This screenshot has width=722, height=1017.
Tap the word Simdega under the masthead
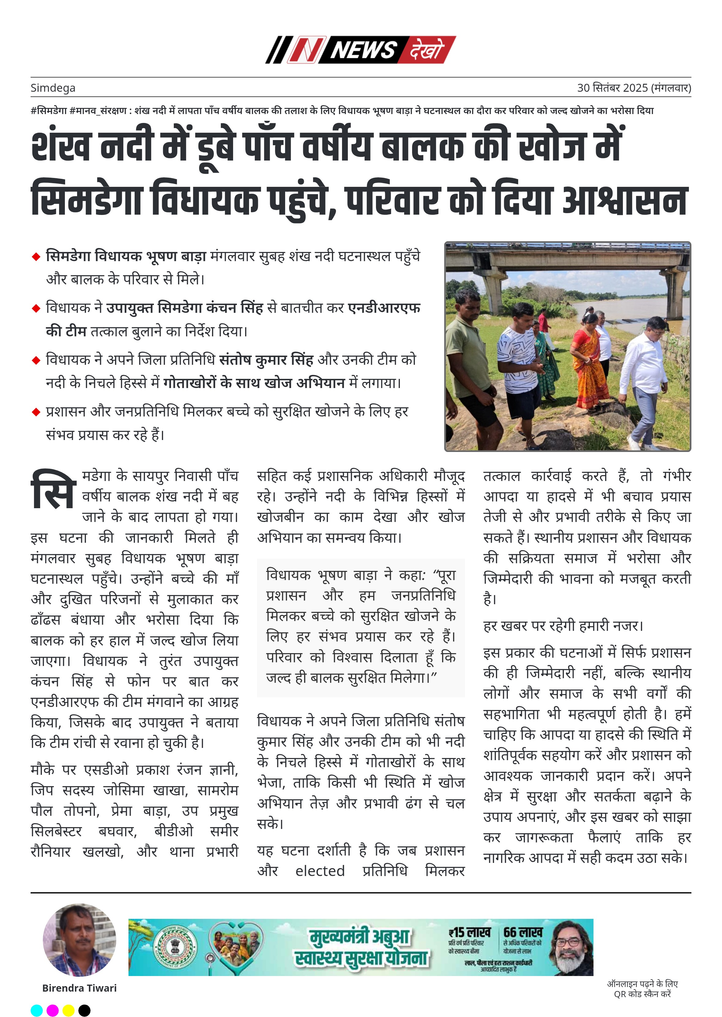(53, 88)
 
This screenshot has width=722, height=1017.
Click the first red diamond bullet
(36, 257)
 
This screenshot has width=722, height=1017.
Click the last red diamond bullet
(36, 412)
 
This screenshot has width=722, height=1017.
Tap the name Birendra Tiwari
(79, 988)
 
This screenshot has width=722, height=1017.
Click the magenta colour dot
(52, 1010)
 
